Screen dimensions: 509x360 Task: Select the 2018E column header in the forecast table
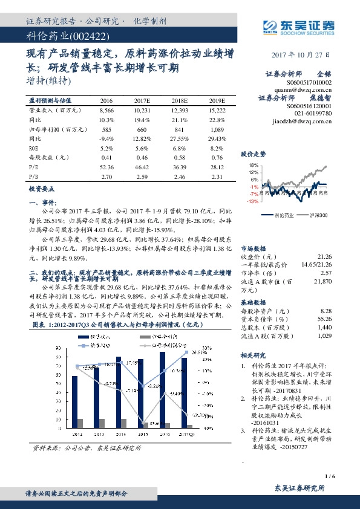(x=180, y=101)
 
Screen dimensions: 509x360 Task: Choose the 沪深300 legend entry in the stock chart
(x=316, y=215)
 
